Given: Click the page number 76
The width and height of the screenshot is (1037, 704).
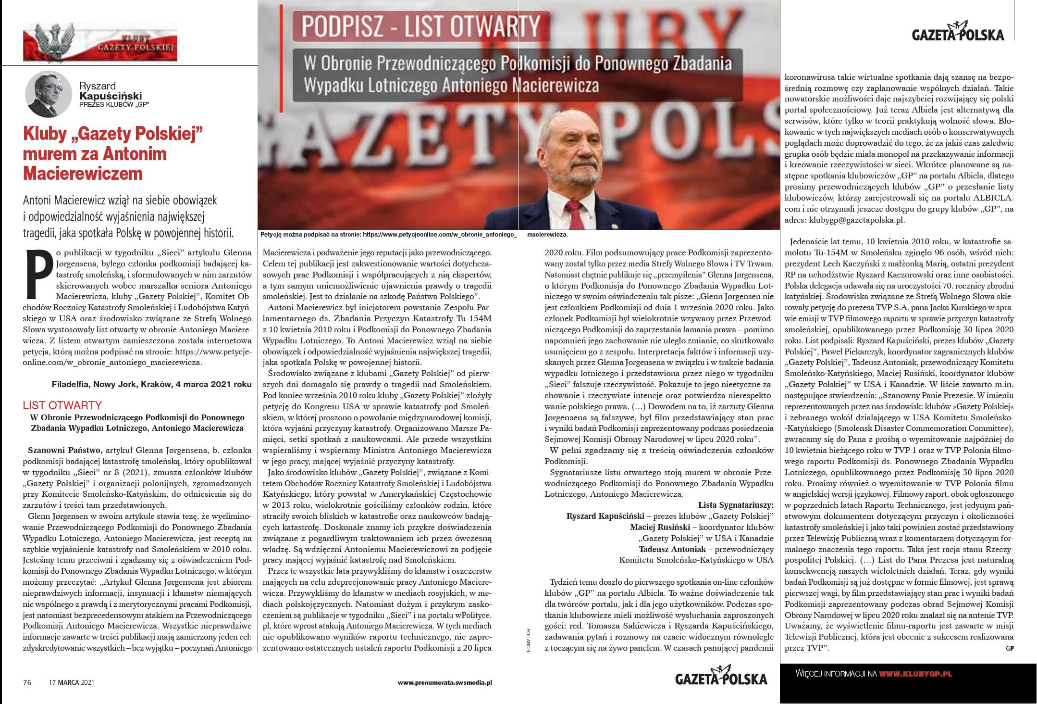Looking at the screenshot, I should tap(27, 682).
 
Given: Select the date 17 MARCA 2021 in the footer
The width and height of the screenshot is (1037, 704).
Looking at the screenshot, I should tap(72, 682).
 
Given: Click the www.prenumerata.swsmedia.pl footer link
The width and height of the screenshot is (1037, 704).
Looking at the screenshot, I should tap(445, 682).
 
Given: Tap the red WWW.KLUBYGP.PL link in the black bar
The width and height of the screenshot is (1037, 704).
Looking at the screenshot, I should tap(915, 674).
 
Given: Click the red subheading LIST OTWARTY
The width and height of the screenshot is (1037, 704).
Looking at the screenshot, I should tap(62, 405).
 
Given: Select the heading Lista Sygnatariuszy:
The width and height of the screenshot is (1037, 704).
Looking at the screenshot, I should tap(736, 505).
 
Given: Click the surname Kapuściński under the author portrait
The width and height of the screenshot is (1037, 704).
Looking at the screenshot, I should tap(111, 96).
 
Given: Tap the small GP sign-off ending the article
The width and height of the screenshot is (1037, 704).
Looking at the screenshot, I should tap(1010, 649).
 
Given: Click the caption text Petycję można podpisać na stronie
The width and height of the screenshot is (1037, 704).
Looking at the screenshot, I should tap(311, 235).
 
